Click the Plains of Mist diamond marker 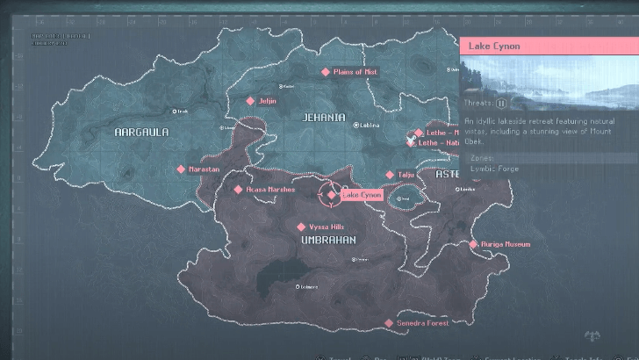pos(326,72)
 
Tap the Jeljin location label pos(268,101)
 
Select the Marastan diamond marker pos(181,169)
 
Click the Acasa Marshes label pos(270,189)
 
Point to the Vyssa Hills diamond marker pos(301,227)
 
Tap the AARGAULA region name pos(141,132)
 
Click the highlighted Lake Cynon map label pos(361,195)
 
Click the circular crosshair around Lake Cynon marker pos(330,195)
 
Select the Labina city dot pos(355,126)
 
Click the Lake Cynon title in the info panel pos(495,46)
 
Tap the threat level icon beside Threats pos(501,102)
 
